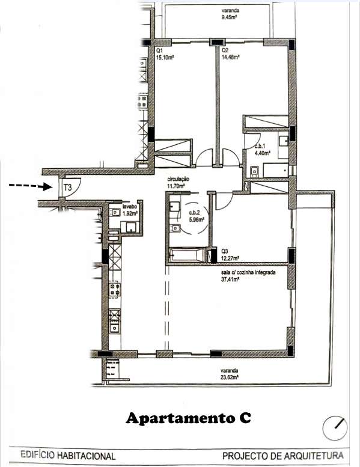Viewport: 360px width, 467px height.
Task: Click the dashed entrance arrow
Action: pyautogui.click(x=30, y=186)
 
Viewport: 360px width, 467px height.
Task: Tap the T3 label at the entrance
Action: pyautogui.click(x=68, y=188)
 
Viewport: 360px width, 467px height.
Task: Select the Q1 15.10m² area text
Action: pyautogui.click(x=165, y=54)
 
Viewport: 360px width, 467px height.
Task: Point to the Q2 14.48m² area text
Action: pyautogui.click(x=231, y=54)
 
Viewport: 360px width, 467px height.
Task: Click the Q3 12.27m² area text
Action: pyautogui.click(x=230, y=255)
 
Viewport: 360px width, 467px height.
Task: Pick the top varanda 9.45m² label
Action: pyautogui.click(x=229, y=14)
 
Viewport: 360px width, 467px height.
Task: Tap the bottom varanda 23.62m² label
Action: pyautogui.click(x=230, y=374)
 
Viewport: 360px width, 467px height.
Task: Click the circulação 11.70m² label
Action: pyautogui.click(x=178, y=183)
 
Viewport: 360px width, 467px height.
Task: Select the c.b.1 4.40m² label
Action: pyautogui.click(x=262, y=149)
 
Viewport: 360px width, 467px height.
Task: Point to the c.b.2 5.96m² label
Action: pyautogui.click(x=197, y=216)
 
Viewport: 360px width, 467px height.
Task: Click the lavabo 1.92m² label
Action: pyautogui.click(x=130, y=209)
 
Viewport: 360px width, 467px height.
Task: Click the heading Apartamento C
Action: pyautogui.click(x=188, y=418)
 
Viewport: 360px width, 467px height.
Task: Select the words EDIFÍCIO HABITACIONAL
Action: pyautogui.click(x=68, y=456)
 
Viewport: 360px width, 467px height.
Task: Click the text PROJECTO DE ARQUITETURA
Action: pyautogui.click(x=283, y=456)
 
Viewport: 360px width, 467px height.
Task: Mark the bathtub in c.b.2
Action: pyautogui.click(x=187, y=255)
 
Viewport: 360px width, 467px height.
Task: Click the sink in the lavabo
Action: pyautogui.click(x=114, y=212)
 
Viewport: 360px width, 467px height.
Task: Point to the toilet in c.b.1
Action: pyautogui.click(x=255, y=171)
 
